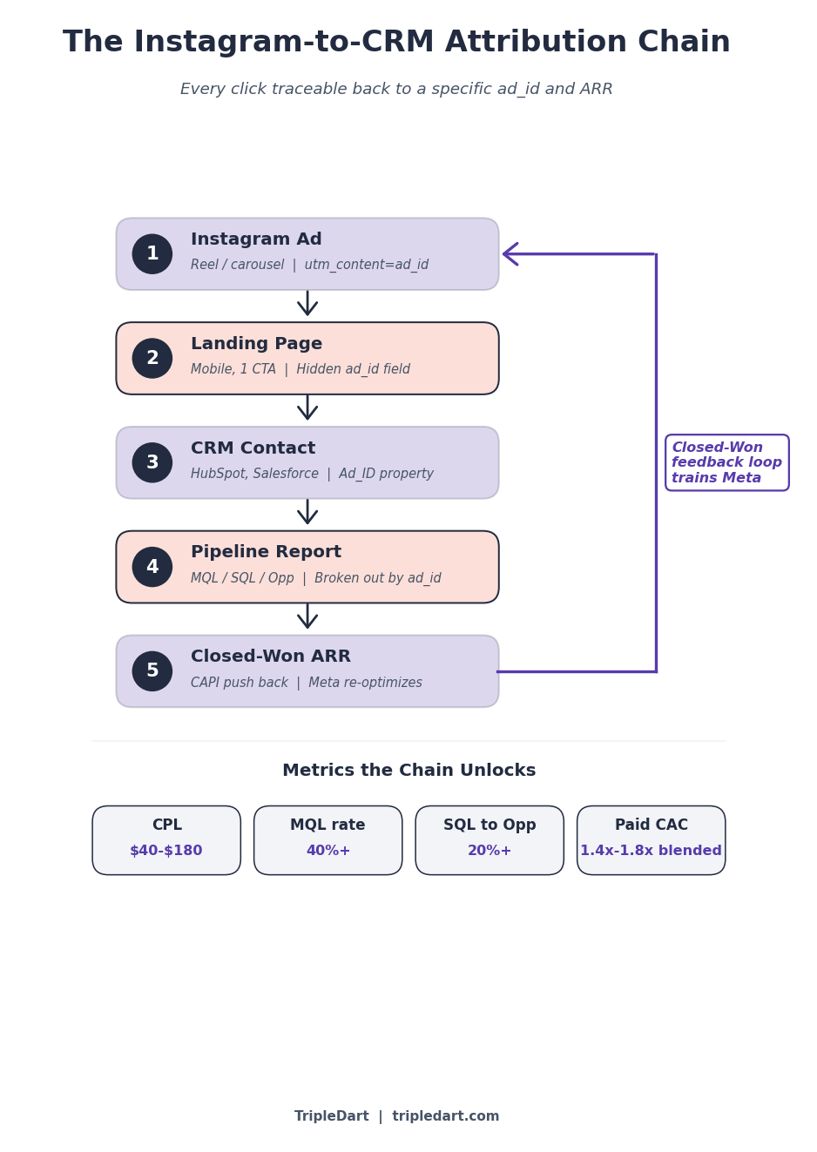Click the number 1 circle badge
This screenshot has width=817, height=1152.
coord(152,254)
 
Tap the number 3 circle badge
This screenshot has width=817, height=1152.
coord(152,462)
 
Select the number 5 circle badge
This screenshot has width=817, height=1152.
coord(152,671)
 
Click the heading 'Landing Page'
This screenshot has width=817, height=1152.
coord(256,344)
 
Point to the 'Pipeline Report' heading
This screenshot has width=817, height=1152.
coord(266,552)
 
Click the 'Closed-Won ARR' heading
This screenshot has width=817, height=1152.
coord(270,657)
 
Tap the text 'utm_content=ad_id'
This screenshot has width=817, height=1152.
coord(366,265)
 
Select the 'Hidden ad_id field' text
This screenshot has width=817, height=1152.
coord(353,369)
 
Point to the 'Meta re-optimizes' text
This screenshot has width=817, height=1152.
coord(365,683)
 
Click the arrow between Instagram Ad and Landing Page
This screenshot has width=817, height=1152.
coord(307,305)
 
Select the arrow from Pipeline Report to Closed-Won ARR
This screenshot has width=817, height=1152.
coord(307,617)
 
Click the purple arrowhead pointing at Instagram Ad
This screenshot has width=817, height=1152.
coord(511,254)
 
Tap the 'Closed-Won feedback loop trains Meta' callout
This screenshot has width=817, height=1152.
coord(726,462)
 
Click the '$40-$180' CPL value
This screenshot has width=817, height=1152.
coord(166,851)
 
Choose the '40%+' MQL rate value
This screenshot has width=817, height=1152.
coord(328,851)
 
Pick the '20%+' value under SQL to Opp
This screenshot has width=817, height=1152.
coord(490,851)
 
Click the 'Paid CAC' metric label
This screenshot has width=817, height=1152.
coord(651,825)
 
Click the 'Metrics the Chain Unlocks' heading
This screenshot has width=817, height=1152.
coord(408,771)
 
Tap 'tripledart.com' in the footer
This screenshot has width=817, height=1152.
coord(445,1116)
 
